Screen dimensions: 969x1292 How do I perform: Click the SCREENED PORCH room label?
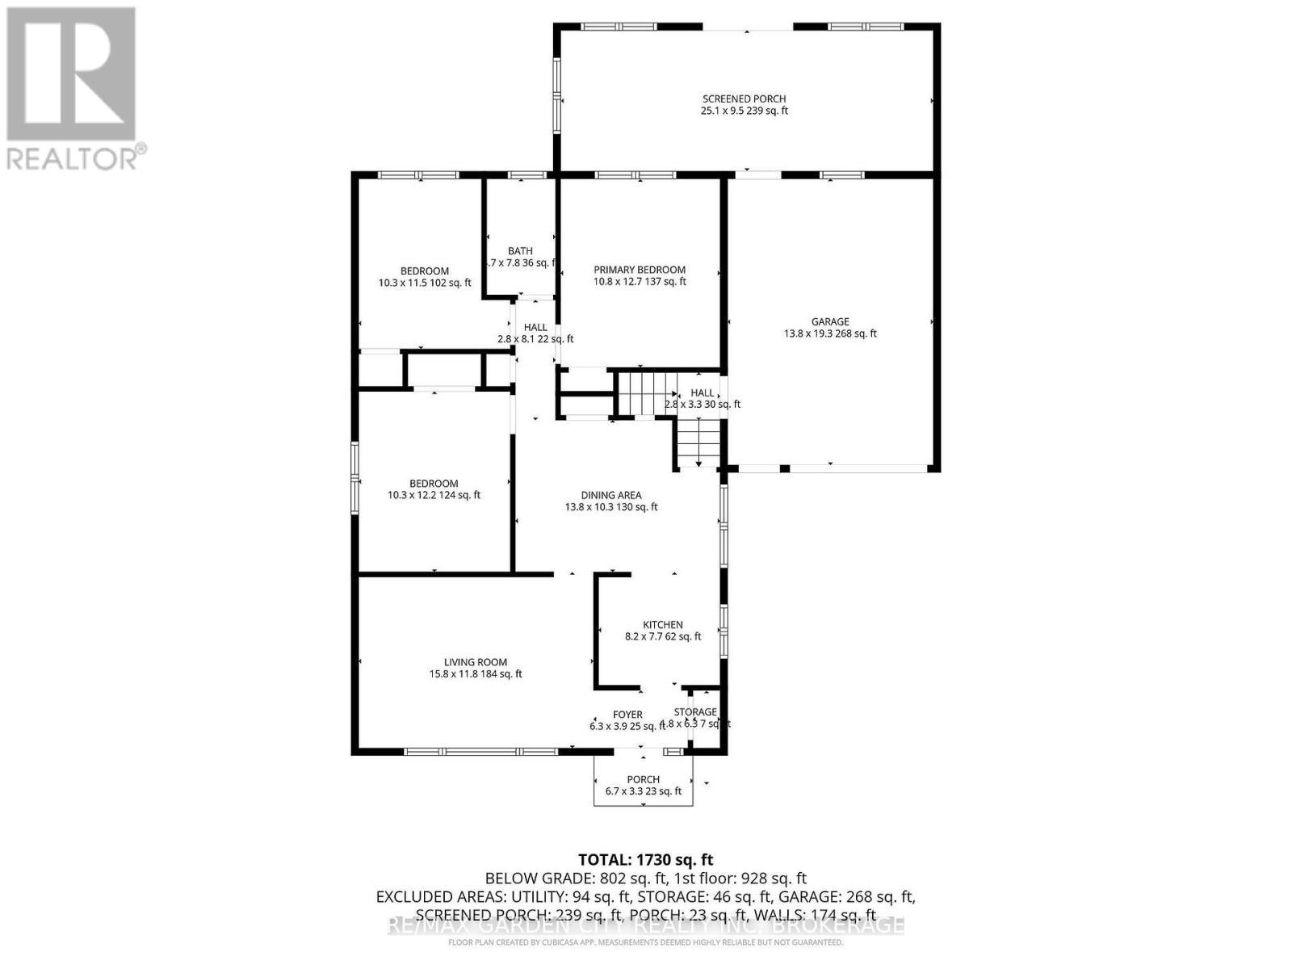[x=744, y=99]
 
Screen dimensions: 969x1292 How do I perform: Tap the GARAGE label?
[x=829, y=321]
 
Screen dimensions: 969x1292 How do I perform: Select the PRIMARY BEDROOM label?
[x=640, y=270]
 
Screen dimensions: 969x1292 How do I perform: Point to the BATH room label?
[x=520, y=250]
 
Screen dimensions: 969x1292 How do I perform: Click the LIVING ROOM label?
[x=475, y=662]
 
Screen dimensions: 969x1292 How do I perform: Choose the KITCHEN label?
[x=662, y=624]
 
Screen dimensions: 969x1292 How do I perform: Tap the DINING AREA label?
[x=610, y=495]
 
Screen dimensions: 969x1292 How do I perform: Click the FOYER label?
[x=627, y=715]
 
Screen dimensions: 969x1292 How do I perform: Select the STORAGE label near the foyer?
[x=695, y=711]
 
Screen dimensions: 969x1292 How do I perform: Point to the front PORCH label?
[x=643, y=779]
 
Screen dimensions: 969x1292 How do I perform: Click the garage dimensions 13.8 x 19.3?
[x=829, y=333]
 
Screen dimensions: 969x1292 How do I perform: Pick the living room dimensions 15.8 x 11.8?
[x=475, y=674]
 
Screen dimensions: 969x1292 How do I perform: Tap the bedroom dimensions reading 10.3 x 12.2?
[x=434, y=496]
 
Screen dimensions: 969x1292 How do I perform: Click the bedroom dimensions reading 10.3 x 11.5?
[x=425, y=283]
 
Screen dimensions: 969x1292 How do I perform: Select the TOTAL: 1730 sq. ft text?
[x=645, y=860]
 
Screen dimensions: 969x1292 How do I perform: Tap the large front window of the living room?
[x=480, y=752]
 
